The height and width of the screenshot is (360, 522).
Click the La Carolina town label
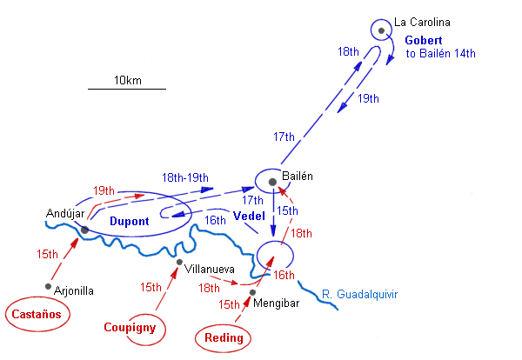(x=423, y=23)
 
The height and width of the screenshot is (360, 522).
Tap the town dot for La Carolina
(x=382, y=30)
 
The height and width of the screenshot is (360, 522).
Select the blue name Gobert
(x=424, y=40)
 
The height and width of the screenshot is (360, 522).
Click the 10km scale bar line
(x=127, y=89)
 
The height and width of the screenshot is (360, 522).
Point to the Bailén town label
(x=298, y=176)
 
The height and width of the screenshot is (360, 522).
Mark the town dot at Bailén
(x=272, y=182)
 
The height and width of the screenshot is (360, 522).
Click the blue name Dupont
(x=130, y=221)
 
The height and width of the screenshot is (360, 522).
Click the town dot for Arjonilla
(x=48, y=286)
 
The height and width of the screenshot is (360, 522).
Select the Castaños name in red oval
(x=37, y=316)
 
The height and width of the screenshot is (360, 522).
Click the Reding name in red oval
(x=224, y=337)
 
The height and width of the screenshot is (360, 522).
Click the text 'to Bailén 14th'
(x=441, y=54)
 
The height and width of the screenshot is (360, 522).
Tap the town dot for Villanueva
(x=179, y=262)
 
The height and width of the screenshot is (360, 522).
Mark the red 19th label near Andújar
(x=104, y=190)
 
